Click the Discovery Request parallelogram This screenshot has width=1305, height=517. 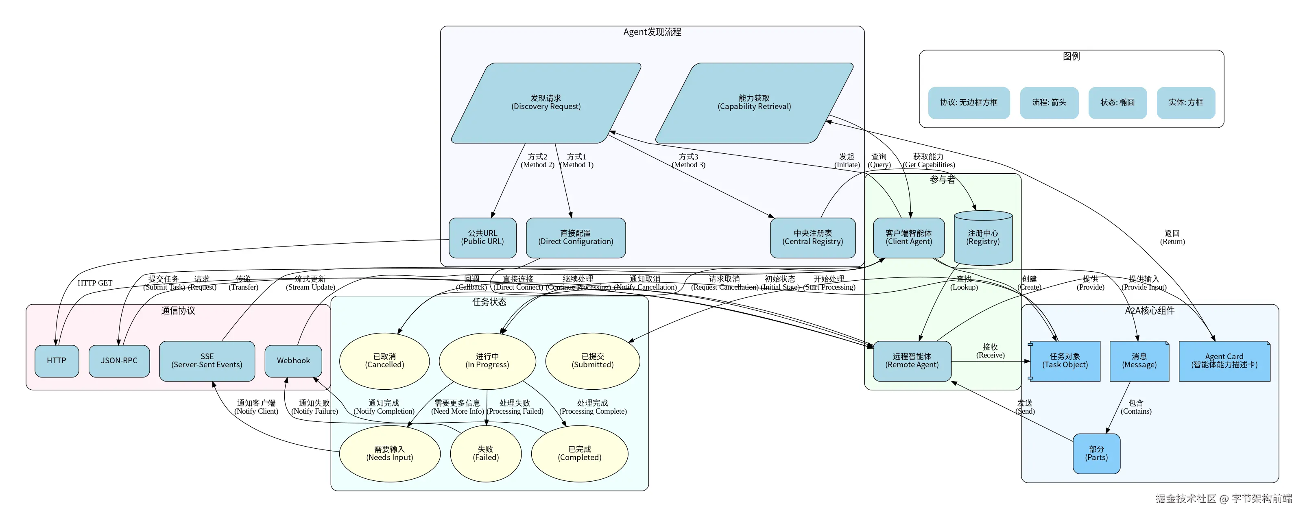click(x=546, y=103)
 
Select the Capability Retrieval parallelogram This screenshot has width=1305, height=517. click(x=754, y=103)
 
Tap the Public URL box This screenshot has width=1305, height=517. click(x=482, y=238)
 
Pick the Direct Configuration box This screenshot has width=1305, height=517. click(x=576, y=238)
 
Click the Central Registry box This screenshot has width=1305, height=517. click(x=813, y=238)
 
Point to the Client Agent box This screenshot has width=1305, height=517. click(x=908, y=238)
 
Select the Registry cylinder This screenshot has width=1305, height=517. click(x=983, y=238)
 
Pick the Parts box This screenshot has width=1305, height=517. click(x=1096, y=454)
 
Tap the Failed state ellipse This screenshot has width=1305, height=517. click(x=486, y=454)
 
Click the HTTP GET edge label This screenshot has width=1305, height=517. click(x=95, y=283)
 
